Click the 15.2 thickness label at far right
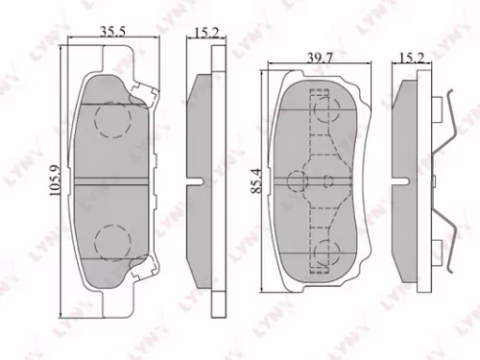410,59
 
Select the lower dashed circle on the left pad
113,239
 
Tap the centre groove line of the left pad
114,179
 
